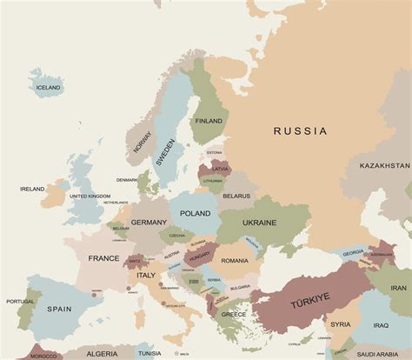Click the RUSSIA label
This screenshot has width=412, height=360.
(x=300, y=131)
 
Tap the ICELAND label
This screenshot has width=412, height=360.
(x=48, y=88)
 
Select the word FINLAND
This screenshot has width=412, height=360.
(x=209, y=121)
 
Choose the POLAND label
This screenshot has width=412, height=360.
(x=195, y=213)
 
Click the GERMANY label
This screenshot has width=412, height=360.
(x=149, y=223)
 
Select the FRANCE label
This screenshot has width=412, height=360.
(x=103, y=258)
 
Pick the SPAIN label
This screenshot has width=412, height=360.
(x=59, y=309)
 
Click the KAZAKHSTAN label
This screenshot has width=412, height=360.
(x=385, y=165)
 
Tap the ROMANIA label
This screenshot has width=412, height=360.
(x=235, y=261)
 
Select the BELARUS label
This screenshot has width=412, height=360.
(x=236, y=197)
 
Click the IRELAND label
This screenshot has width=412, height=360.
(x=32, y=188)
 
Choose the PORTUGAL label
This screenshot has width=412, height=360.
(x=20, y=302)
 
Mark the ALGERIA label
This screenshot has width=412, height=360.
(x=103, y=354)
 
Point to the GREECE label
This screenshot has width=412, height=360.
(x=233, y=314)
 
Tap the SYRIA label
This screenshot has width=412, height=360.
(x=340, y=324)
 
